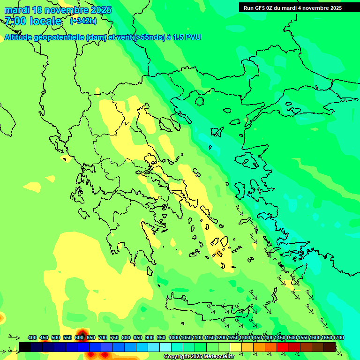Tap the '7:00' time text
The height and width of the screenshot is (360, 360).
15,21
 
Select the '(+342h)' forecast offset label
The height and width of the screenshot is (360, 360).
83,21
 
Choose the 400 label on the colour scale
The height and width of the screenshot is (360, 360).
32,338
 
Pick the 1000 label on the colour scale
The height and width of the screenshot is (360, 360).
174,338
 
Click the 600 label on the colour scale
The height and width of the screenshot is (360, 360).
79,338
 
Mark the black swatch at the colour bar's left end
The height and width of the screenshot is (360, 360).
25,347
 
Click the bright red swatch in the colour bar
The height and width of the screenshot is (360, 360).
283,347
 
